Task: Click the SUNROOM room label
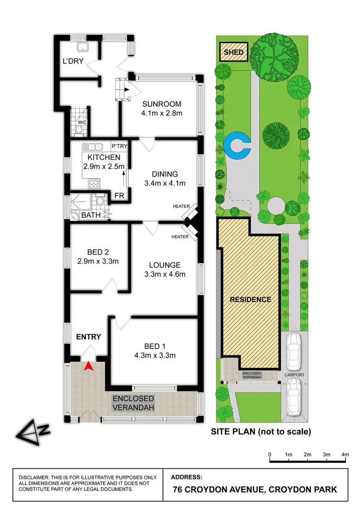[161, 105]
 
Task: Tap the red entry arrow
[88, 367]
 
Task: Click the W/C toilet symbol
[80, 128]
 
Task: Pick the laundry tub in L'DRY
[82, 47]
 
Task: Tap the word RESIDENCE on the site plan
[250, 299]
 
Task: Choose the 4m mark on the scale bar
[345, 454]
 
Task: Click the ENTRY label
[89, 337]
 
